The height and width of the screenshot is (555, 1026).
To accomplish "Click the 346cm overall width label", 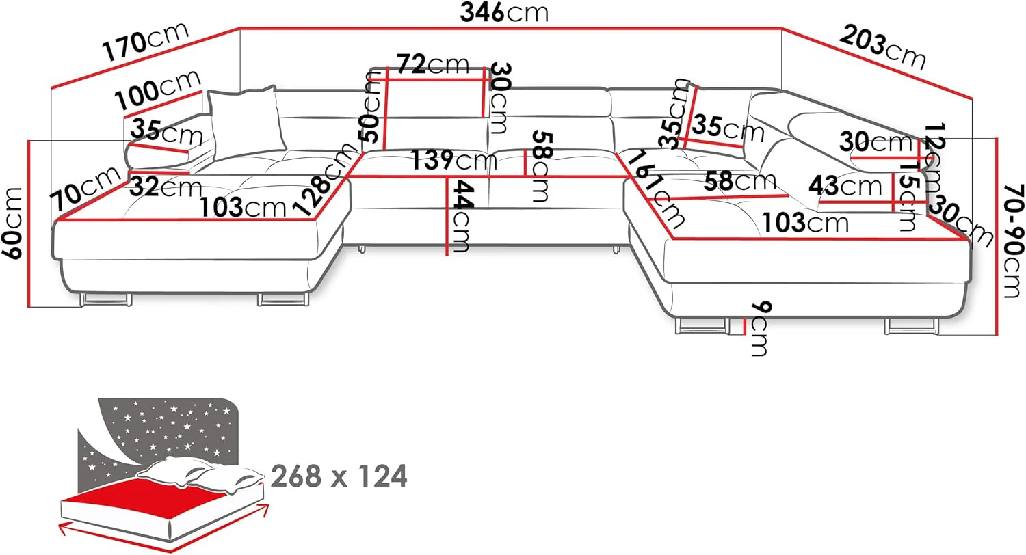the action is point(504,12).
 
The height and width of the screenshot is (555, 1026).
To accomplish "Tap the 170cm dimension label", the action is point(146,41).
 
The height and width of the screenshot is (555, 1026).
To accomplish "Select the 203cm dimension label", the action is point(882,47).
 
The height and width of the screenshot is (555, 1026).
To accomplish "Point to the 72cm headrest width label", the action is point(433,64).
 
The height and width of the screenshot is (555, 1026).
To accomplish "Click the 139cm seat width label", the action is point(454,160).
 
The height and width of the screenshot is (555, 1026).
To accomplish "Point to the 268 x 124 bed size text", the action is point(339,476).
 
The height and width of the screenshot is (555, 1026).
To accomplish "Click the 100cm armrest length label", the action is point(157,91).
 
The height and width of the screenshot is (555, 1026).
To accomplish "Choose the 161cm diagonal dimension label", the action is point(655,189).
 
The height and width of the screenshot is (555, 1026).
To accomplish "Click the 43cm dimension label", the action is point(845,186).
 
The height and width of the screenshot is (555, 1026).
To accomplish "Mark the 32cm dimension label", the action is point(166,187).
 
